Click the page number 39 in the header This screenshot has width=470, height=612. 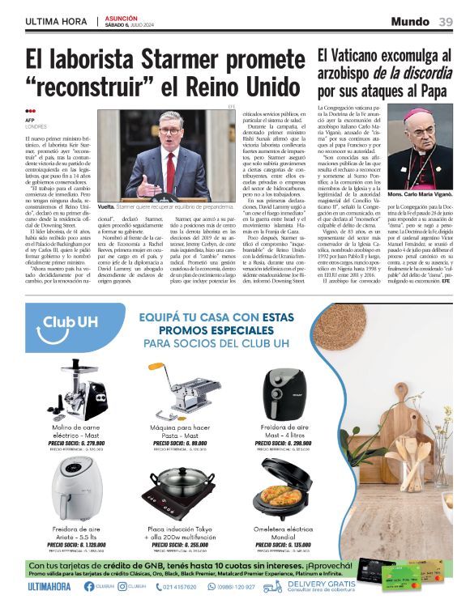tap(446, 21)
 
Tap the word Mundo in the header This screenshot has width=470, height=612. tap(411, 21)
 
